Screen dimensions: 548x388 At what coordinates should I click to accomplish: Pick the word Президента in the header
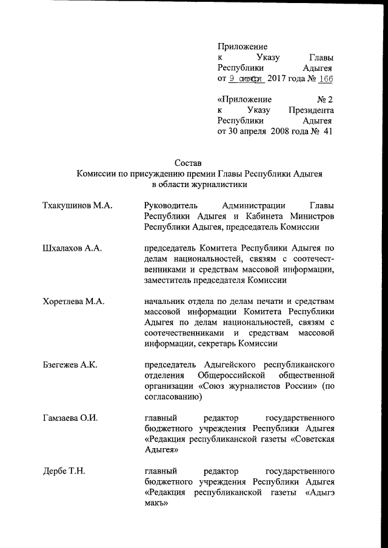[x=310, y=109]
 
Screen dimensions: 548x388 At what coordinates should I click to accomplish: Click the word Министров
[x=311, y=217]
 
